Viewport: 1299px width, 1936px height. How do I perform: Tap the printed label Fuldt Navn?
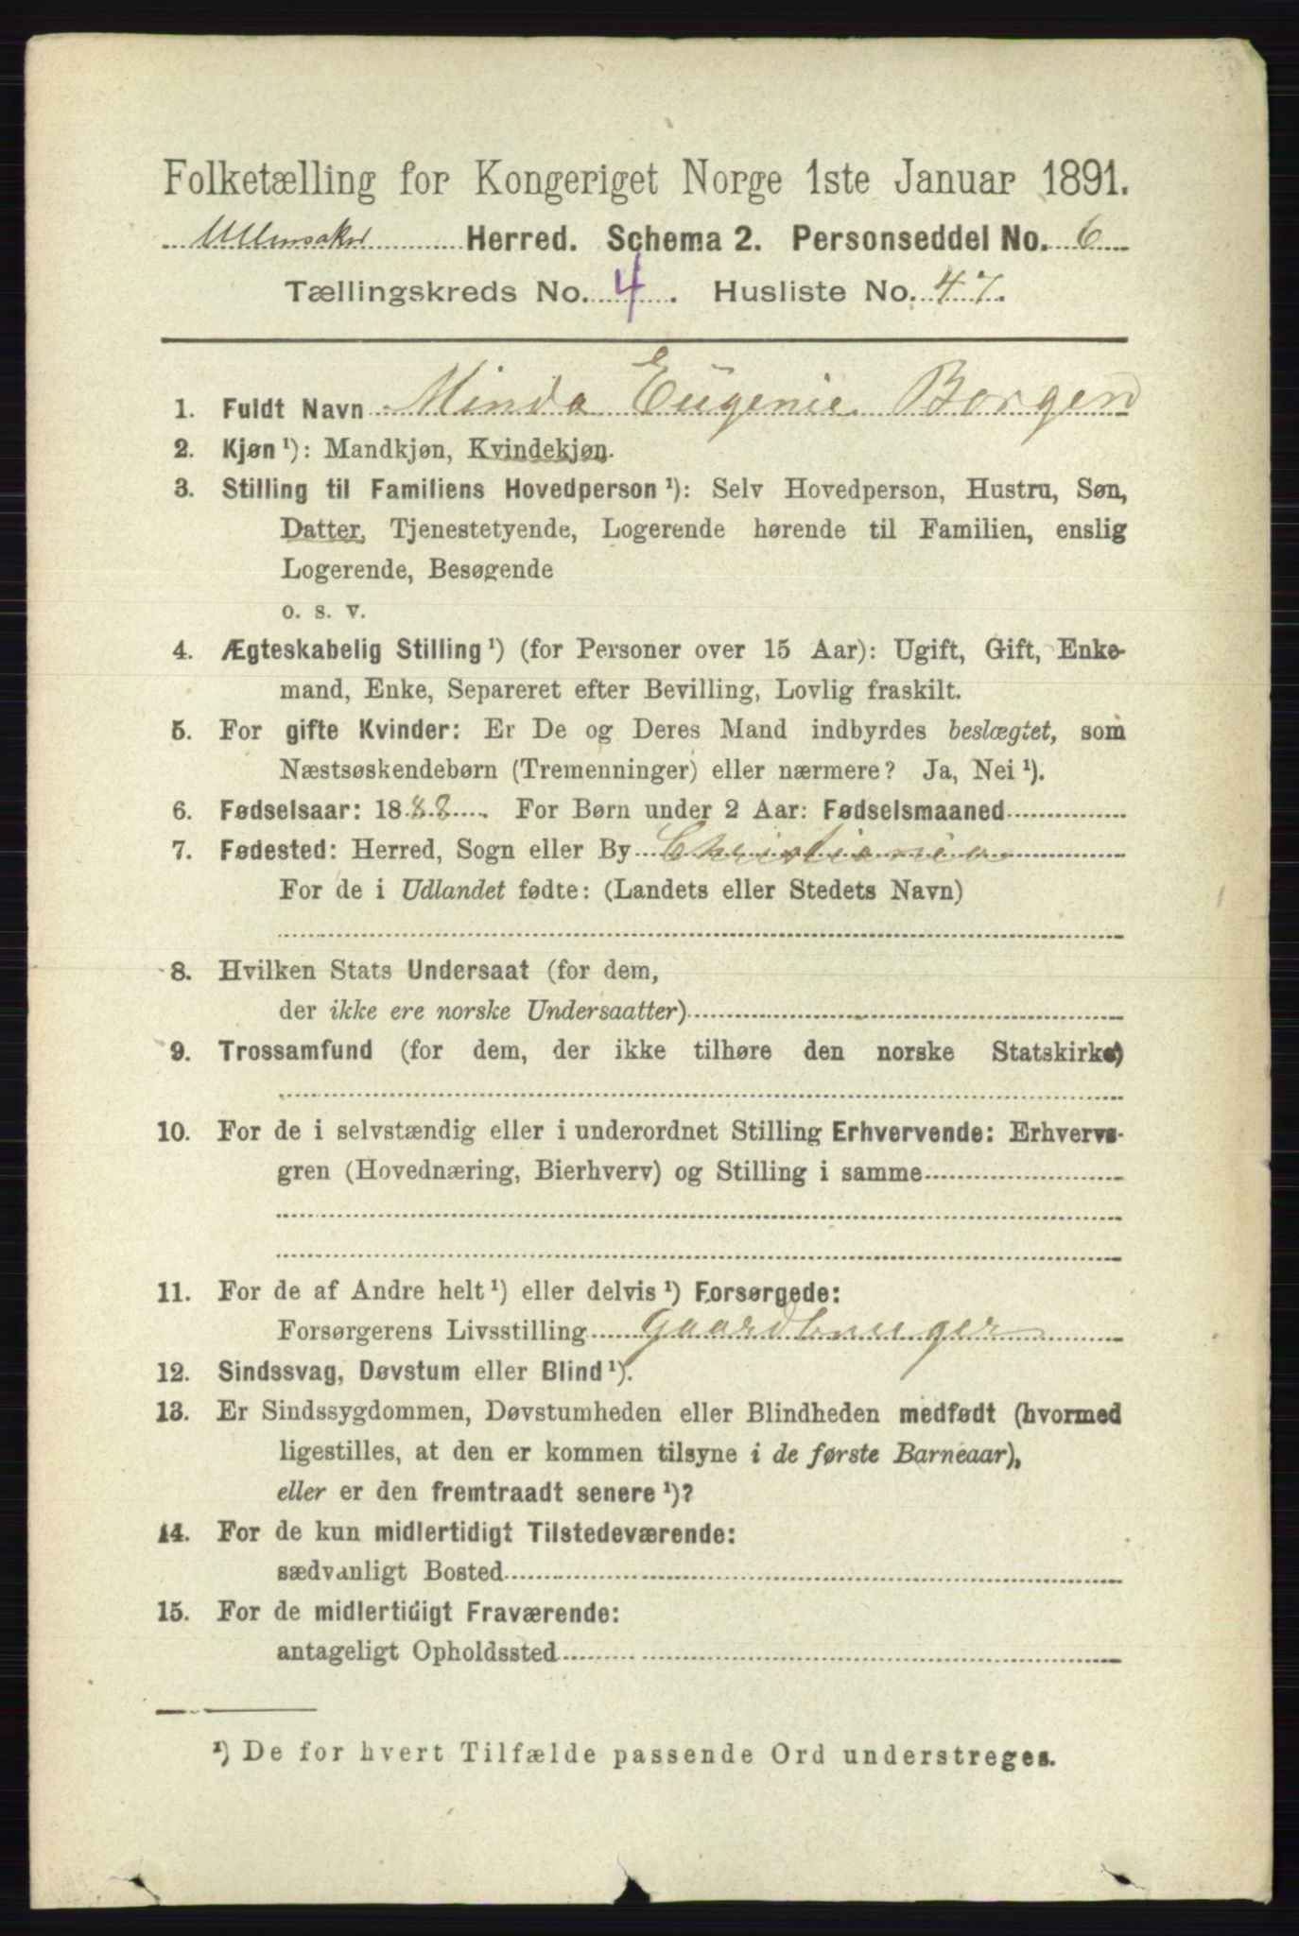[x=280, y=409]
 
